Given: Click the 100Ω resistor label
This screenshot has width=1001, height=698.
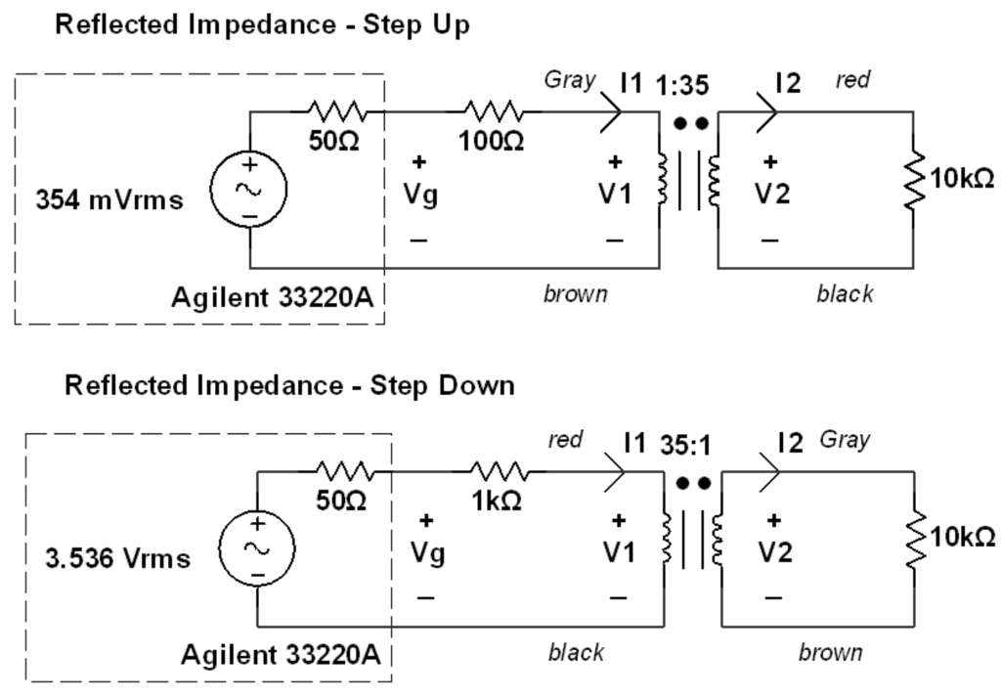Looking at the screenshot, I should pos(492,141).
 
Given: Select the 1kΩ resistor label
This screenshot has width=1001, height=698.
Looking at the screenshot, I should pos(496,501).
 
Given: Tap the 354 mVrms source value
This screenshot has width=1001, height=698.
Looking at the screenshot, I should pos(109,200).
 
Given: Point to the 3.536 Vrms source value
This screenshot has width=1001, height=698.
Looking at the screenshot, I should pos(117,560).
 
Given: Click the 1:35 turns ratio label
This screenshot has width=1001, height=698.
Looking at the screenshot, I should pos(681,84).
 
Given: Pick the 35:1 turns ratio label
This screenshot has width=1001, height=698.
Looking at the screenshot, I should pos(684,445).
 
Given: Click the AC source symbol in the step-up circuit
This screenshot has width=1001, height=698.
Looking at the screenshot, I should pos(249,190).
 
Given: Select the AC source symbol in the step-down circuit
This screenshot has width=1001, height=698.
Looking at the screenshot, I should pos(257,548).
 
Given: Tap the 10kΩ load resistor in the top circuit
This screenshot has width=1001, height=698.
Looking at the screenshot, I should pos(915,179).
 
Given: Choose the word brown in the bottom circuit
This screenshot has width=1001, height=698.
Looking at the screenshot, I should pos(830,652).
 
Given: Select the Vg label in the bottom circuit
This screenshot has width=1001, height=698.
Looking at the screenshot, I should pos(425,554).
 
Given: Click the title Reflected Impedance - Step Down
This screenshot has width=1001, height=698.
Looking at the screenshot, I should pos(289,385).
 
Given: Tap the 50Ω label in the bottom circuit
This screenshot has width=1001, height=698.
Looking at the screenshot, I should pos(341,501).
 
